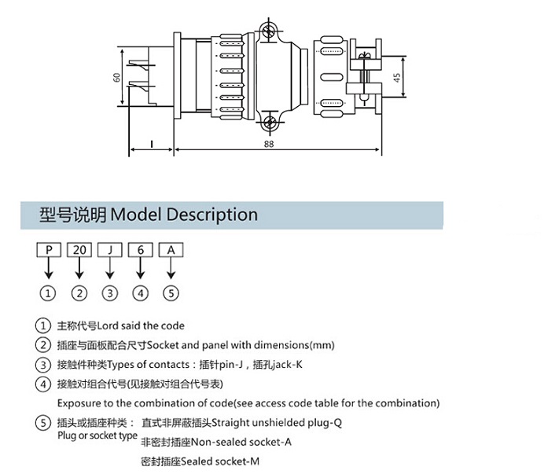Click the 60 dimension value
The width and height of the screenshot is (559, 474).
point(117,79)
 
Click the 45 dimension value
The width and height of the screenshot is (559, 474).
point(398,78)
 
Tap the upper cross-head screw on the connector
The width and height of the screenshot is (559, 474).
point(270,31)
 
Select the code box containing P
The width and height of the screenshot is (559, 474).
point(49,250)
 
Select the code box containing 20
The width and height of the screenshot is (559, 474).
point(79,250)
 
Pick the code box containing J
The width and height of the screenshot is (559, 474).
point(109,250)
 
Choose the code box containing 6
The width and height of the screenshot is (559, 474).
point(140,250)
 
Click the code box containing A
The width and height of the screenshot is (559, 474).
point(171,250)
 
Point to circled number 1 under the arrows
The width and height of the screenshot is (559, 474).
point(49,293)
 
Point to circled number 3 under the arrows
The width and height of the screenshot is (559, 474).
point(109,293)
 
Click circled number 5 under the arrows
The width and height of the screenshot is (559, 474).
point(171,293)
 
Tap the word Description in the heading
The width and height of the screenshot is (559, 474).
point(212,215)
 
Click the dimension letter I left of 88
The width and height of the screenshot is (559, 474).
point(150,144)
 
